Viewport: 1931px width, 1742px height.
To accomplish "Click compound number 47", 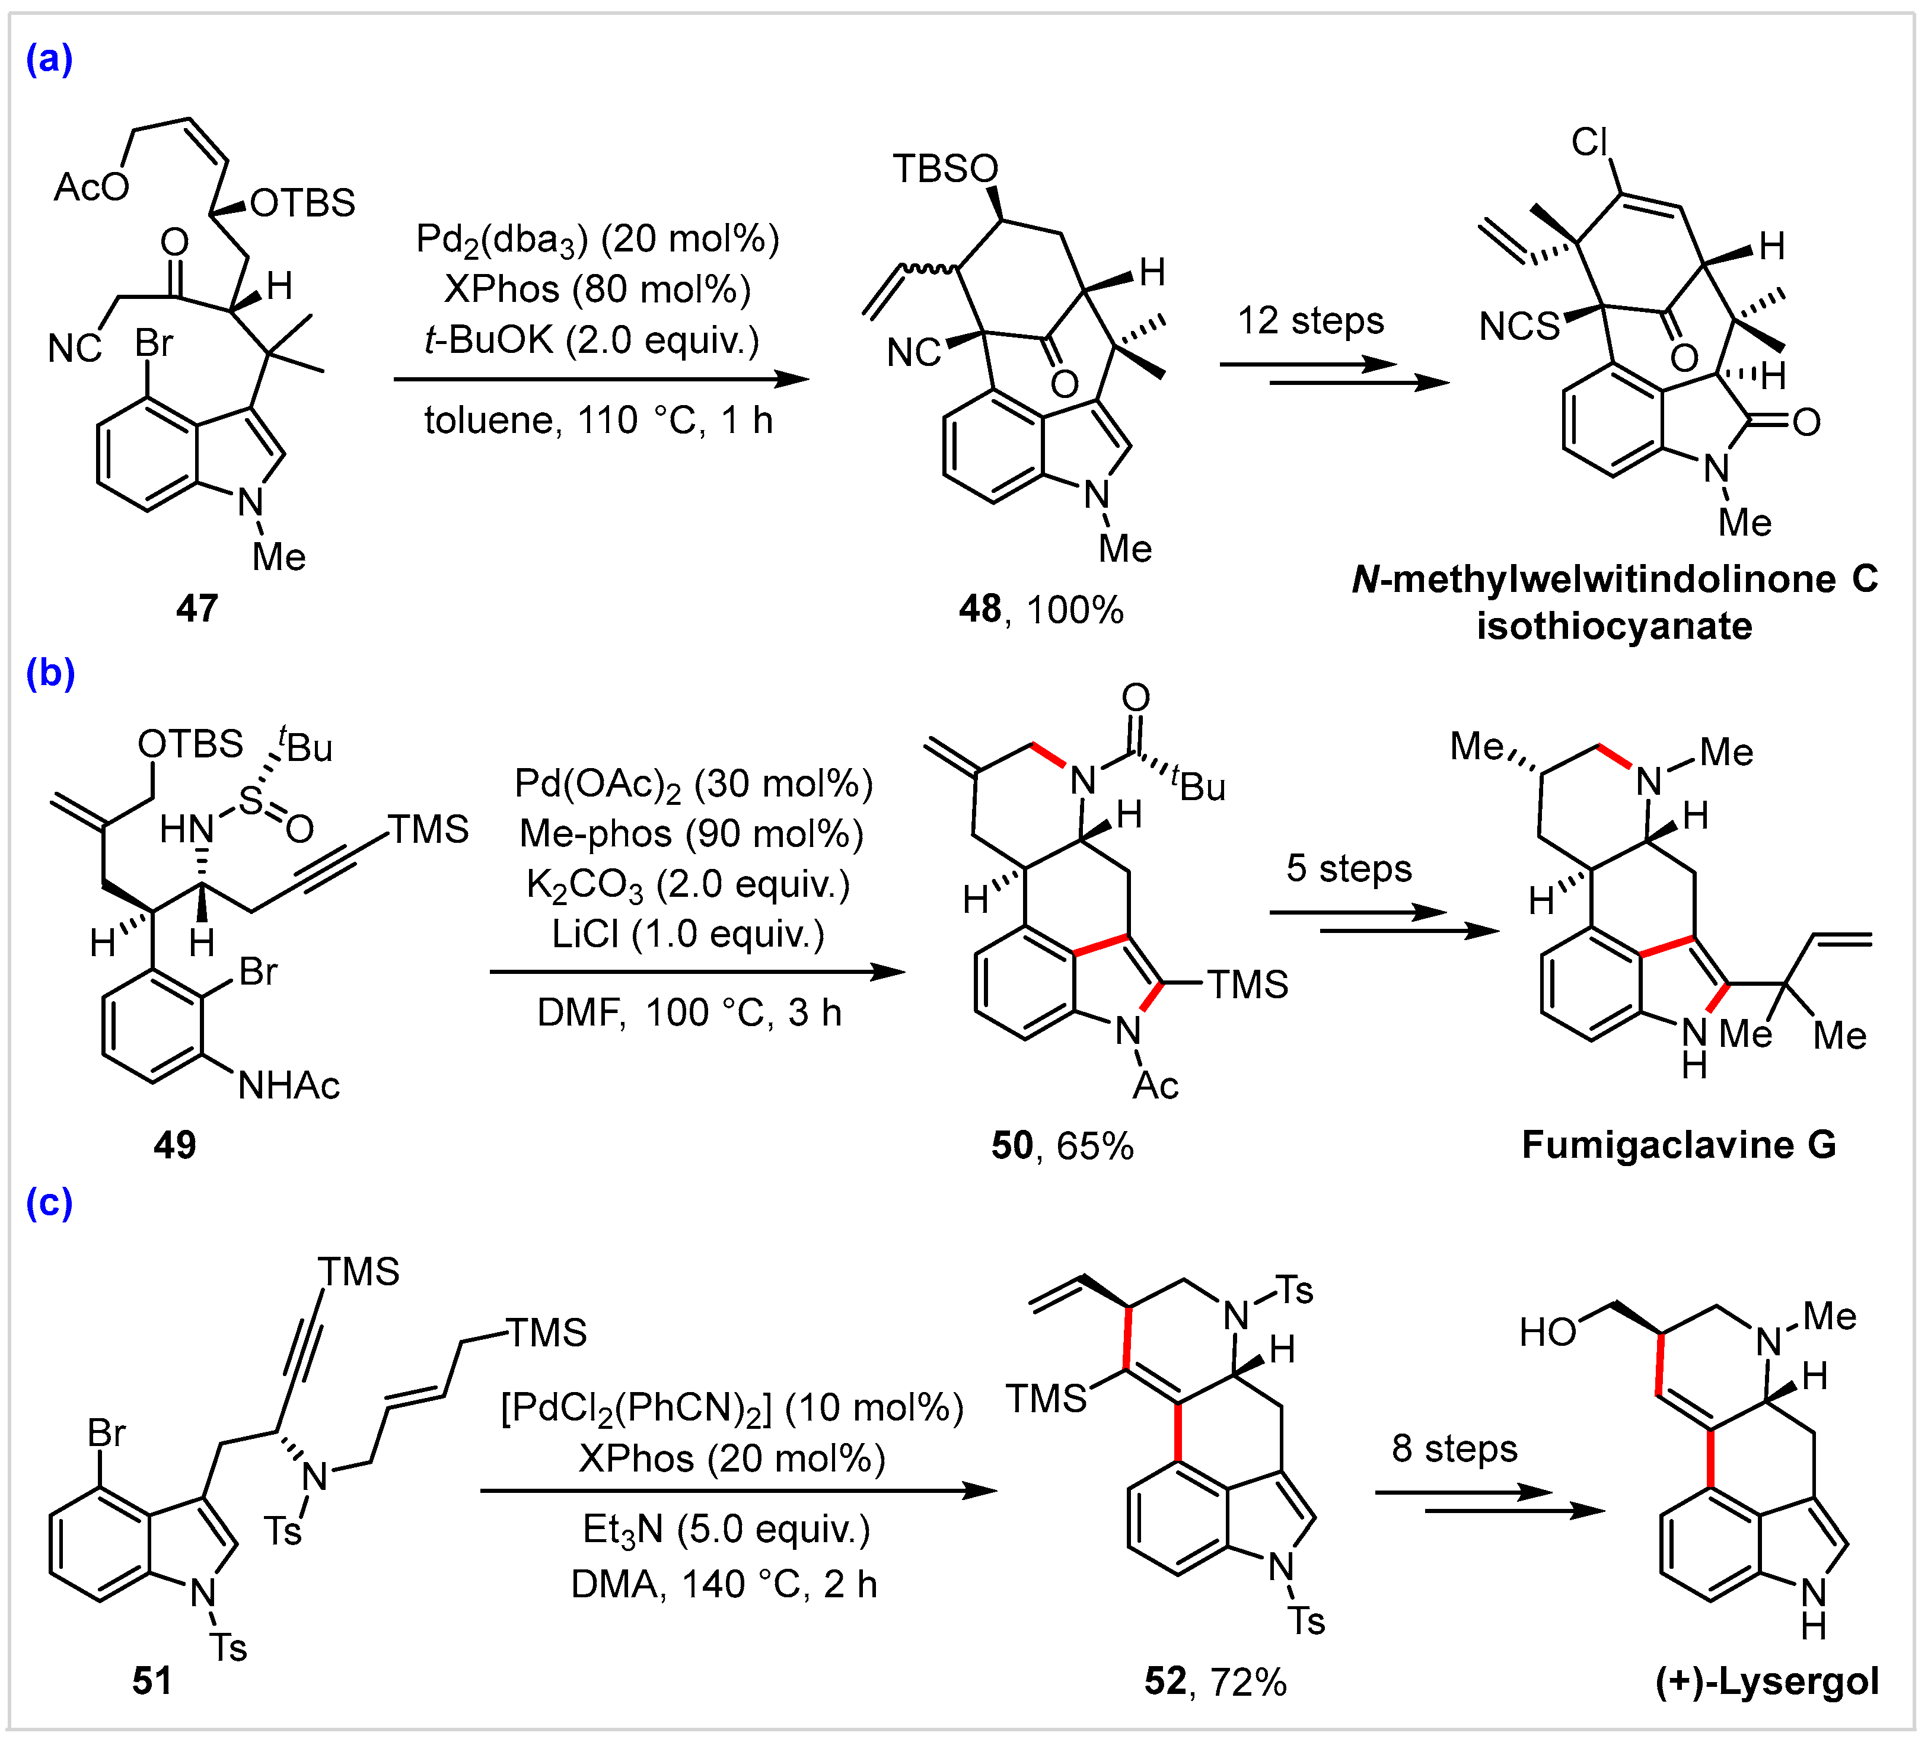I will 197,608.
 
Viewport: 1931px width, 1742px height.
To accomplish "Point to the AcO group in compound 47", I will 91,187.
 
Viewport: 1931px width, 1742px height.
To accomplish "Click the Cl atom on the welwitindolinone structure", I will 1589,142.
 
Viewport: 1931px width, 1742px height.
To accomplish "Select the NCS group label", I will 1519,326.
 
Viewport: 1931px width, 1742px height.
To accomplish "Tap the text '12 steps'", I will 1310,321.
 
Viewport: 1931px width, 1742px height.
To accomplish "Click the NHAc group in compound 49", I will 289,1085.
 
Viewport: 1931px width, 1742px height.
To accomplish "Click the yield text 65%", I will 1095,1146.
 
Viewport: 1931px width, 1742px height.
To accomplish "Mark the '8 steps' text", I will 1454,1448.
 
